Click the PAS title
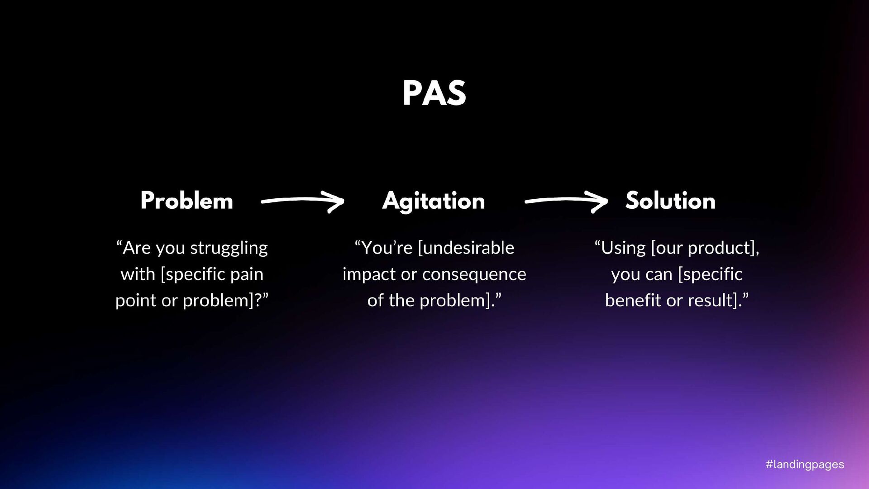434,93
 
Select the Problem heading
186,201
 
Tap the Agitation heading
434,201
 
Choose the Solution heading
670,201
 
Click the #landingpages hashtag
805,465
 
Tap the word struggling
229,249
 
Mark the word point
135,301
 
